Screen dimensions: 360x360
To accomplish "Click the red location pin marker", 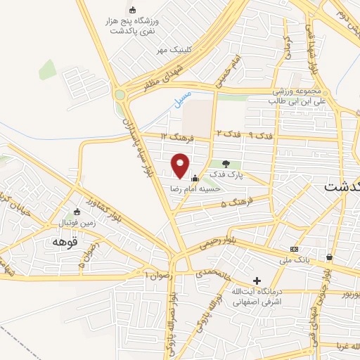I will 181,165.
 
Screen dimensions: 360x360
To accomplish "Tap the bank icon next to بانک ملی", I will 294,250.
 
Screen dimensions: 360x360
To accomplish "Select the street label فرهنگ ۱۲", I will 174,135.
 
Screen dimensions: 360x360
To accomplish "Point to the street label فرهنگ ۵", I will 233,202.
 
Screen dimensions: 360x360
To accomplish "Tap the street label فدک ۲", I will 227,134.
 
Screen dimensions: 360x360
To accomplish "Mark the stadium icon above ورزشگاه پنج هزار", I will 134,9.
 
